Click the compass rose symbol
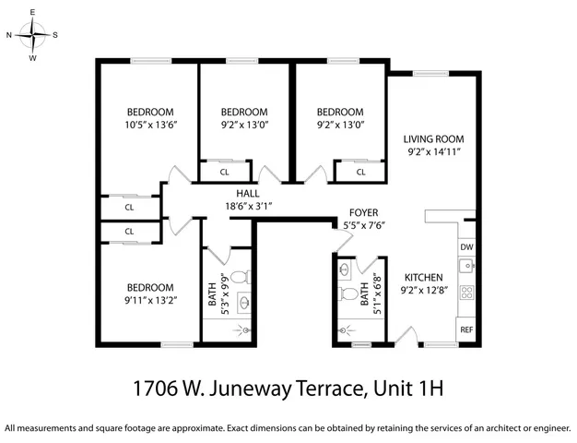(x=33, y=36)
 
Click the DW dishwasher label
(x=466, y=247)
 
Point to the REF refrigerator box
(x=466, y=329)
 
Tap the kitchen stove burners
(x=466, y=294)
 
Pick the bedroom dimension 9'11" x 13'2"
(x=150, y=299)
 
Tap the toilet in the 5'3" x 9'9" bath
(x=239, y=276)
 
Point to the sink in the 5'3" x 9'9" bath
(x=244, y=301)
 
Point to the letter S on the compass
(x=55, y=35)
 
